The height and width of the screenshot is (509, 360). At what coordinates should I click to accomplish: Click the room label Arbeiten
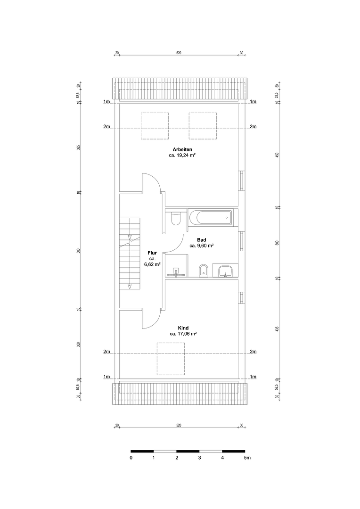(182, 150)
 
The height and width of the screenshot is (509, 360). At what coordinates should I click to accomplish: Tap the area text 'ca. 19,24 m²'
(182, 156)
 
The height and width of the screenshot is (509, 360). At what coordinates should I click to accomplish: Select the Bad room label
(202, 240)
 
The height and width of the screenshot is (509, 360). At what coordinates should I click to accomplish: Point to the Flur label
(152, 253)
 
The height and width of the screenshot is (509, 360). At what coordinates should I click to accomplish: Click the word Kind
(183, 328)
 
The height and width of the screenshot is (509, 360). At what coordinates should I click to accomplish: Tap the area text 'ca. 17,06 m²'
(183, 334)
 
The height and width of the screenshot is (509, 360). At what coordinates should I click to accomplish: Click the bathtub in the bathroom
(210, 217)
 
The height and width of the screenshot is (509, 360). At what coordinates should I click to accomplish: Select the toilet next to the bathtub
(175, 218)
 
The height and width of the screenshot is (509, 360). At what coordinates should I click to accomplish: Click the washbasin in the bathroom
(226, 271)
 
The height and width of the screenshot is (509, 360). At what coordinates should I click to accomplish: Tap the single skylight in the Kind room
(171, 359)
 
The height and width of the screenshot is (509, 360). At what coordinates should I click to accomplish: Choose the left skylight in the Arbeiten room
(155, 126)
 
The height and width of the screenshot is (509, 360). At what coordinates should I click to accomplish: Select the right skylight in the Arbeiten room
(203, 126)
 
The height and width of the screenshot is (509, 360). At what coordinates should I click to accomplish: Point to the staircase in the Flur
(131, 253)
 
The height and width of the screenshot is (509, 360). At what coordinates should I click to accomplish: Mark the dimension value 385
(78, 148)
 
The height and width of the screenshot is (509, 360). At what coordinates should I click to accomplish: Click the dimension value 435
(277, 329)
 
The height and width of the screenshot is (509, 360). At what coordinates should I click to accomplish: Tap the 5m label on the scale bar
(247, 458)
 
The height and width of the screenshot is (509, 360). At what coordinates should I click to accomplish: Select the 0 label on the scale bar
(131, 458)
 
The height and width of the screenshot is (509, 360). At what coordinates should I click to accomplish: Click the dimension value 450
(277, 155)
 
